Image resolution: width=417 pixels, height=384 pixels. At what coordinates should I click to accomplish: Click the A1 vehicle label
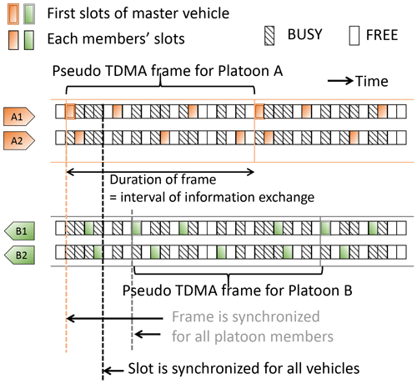click(19, 116)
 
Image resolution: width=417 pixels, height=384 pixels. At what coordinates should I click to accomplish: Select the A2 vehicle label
click(19, 141)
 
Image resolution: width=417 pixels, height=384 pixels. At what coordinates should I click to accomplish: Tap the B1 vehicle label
click(19, 231)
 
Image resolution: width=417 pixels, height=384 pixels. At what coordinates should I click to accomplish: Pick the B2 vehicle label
click(19, 255)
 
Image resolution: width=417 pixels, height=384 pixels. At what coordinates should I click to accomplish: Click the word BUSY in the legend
click(305, 34)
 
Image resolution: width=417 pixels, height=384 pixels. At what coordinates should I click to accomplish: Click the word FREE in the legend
click(382, 35)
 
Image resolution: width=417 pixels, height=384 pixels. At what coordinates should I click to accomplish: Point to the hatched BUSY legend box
click(269, 36)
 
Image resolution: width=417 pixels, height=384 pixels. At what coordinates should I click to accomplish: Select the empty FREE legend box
click(354, 36)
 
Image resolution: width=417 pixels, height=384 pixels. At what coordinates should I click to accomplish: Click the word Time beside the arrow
click(372, 81)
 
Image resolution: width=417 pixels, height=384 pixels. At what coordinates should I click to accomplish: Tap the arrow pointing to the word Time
click(340, 81)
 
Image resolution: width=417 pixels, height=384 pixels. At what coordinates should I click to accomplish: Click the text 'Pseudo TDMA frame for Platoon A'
click(168, 71)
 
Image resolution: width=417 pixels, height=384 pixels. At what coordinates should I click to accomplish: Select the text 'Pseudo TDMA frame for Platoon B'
click(238, 291)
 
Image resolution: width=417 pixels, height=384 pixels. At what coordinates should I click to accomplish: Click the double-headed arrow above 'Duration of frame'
click(160, 172)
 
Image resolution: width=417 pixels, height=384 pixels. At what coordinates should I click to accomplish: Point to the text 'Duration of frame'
click(163, 179)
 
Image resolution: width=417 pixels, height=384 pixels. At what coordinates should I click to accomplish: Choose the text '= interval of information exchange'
click(212, 197)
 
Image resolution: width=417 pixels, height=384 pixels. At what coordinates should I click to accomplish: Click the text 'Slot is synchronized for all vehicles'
click(244, 368)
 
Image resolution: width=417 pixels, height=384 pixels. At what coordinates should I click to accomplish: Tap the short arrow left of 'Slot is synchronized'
click(113, 371)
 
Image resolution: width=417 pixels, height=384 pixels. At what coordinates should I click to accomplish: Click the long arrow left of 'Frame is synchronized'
click(115, 318)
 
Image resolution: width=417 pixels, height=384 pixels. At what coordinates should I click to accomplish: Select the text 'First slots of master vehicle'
click(138, 13)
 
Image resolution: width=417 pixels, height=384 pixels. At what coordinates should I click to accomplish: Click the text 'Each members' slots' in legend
click(116, 38)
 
